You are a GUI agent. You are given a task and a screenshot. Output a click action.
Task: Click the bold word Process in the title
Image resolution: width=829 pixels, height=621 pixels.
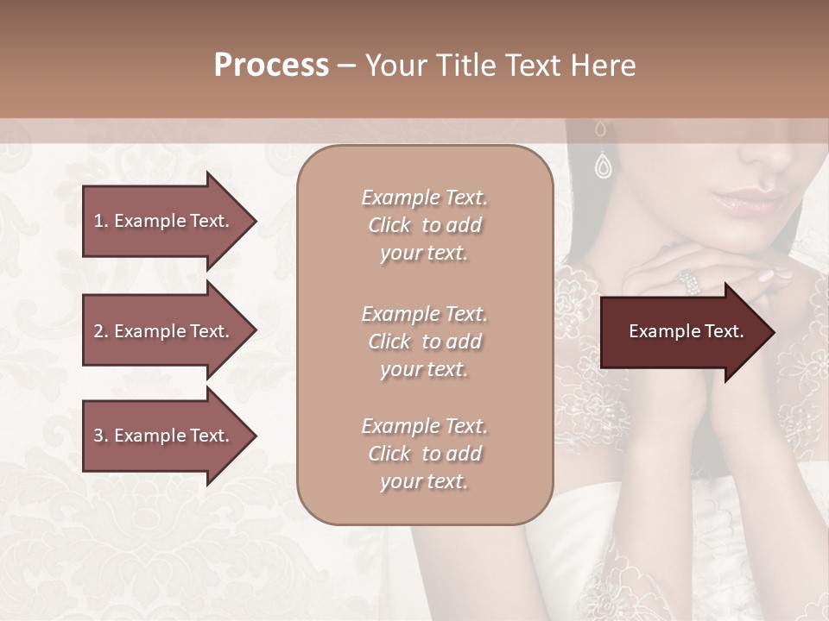coord(271,66)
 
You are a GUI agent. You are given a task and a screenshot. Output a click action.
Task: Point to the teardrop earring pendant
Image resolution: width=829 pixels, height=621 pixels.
coord(603,165)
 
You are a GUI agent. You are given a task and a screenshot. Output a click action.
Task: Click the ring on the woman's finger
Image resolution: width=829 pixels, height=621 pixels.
coord(688,279)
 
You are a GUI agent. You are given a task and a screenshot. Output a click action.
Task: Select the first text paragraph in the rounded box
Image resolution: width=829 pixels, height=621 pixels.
coord(424,225)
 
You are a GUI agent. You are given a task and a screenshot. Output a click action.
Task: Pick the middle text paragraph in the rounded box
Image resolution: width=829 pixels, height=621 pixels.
coord(424,341)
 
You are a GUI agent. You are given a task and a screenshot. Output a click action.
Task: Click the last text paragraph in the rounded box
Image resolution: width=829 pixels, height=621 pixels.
coord(424,454)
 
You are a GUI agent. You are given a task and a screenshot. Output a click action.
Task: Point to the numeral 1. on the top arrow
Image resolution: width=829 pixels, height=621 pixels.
coord(100,221)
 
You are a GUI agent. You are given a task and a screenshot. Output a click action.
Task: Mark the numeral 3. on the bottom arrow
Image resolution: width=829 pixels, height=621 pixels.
coord(100,436)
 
